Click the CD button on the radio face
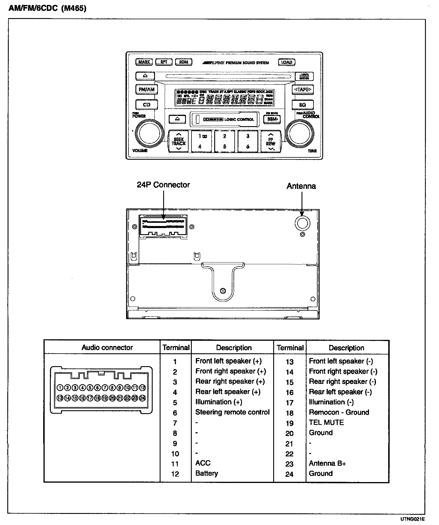(147, 105)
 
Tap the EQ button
(302, 105)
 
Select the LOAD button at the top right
(286, 62)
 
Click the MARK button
(144, 62)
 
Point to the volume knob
(149, 133)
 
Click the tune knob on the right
(300, 133)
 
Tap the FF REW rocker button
(271, 142)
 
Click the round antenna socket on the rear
(302, 223)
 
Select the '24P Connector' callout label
(163, 185)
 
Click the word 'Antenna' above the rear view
(301, 186)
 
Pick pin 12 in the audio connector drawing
(142, 388)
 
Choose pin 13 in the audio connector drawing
(60, 398)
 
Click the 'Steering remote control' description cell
(232, 412)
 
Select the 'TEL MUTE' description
(326, 423)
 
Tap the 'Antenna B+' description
(327, 463)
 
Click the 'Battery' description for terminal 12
(207, 473)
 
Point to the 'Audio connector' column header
(107, 347)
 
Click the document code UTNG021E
(412, 519)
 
